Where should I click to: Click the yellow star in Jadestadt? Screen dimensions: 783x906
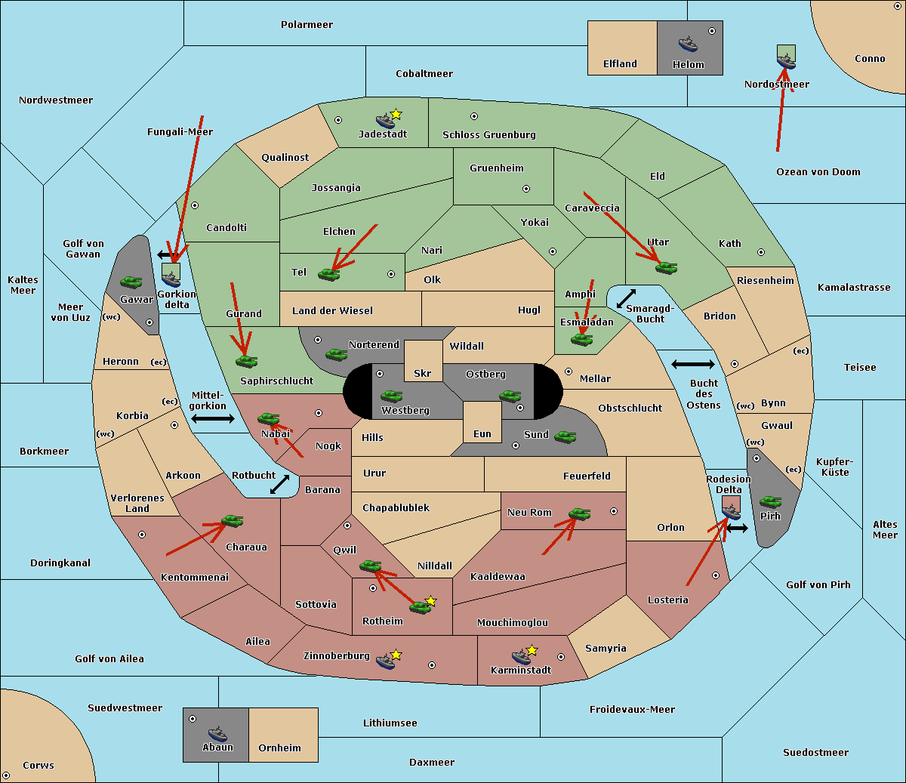click(396, 114)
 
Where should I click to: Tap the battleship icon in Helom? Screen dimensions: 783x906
click(688, 44)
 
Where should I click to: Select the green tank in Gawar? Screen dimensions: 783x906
click(131, 282)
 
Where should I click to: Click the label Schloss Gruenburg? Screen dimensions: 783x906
click(488, 135)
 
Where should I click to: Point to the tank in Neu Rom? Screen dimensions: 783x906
click(579, 514)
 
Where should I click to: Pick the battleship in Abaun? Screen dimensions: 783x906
click(217, 733)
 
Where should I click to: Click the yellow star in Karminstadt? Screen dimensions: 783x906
click(532, 649)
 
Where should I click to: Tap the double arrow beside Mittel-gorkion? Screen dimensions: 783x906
click(213, 418)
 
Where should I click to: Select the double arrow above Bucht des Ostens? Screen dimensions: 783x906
click(692, 365)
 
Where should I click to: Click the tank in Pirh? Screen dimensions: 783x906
click(770, 501)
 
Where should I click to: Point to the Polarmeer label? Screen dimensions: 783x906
click(307, 25)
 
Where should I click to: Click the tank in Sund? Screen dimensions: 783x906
click(565, 436)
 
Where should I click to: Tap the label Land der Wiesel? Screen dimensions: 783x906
click(332, 310)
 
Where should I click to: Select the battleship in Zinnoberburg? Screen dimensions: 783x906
click(385, 661)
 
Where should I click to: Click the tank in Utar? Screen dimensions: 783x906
click(666, 267)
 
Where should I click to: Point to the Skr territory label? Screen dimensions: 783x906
click(423, 373)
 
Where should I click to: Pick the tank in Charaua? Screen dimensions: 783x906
click(232, 521)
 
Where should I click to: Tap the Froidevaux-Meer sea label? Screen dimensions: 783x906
click(632, 710)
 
